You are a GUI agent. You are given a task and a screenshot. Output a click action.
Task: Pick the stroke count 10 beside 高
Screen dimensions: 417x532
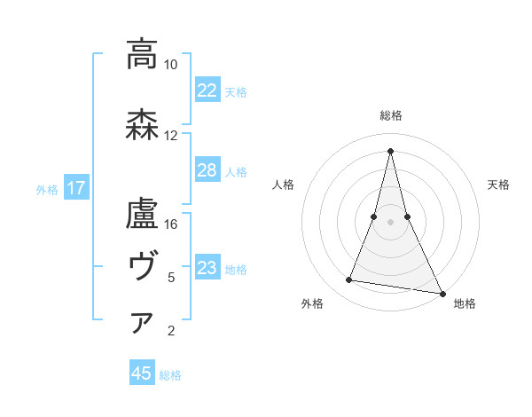[x=171, y=65]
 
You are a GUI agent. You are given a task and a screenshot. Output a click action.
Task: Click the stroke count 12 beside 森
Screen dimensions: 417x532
[x=171, y=136]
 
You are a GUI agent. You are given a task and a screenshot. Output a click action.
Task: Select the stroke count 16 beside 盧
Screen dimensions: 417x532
[x=171, y=224]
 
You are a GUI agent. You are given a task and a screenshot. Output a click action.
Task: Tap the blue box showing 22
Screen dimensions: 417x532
[x=207, y=90]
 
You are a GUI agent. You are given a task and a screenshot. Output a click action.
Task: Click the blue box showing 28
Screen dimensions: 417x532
[x=207, y=170]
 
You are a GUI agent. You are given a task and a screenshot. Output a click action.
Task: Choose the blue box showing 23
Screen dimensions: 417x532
[x=207, y=268]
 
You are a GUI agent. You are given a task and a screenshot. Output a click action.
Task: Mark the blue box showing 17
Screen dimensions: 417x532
[x=75, y=188]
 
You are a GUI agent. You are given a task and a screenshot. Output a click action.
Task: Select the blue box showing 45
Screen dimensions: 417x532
[x=142, y=374]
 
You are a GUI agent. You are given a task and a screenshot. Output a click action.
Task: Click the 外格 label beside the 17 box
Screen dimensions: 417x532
[x=47, y=189]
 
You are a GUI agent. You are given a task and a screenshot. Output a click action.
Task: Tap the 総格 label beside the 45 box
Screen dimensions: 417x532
[x=170, y=374]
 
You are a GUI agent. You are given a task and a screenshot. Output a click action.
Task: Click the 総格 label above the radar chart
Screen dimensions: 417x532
[x=391, y=115]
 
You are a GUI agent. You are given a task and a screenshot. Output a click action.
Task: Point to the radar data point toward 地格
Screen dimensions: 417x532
[x=442, y=292]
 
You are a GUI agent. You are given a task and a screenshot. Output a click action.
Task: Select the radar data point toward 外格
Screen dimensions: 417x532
[x=348, y=280]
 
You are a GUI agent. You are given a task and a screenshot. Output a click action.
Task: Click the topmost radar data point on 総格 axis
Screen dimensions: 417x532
[x=391, y=150]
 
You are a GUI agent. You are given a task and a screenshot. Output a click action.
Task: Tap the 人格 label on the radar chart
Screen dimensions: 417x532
[x=283, y=185]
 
